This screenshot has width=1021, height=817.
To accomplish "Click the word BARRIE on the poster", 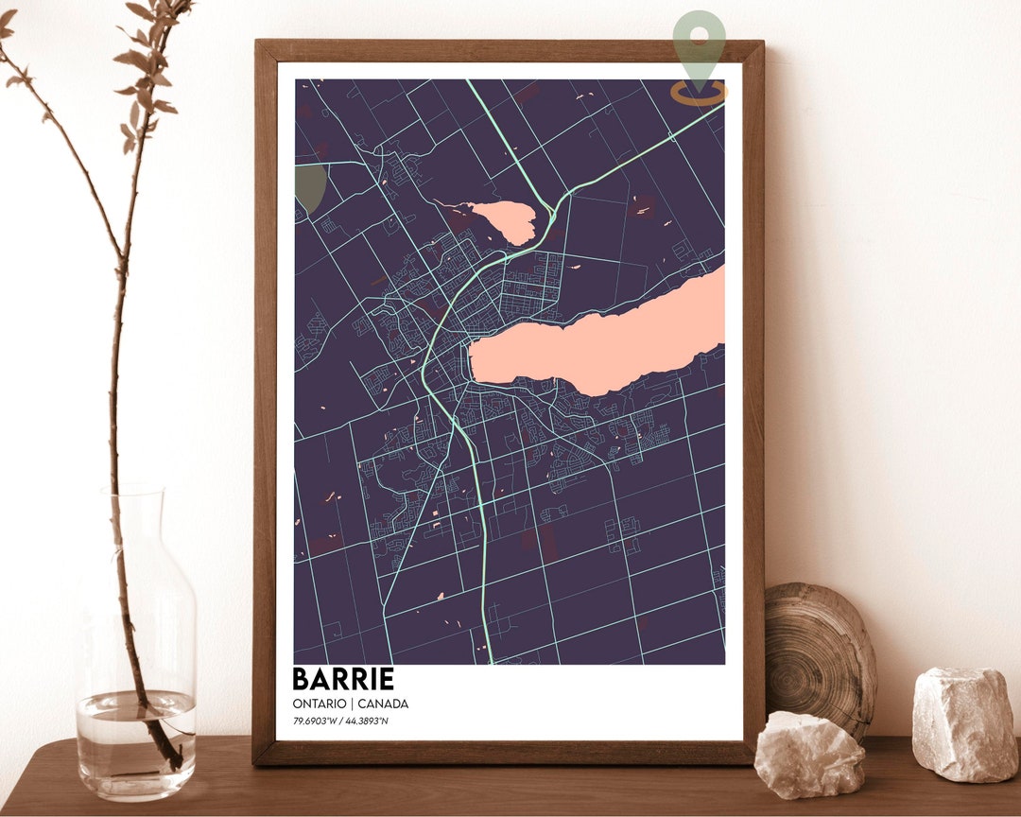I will [342, 679].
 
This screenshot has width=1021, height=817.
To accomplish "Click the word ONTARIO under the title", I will [318, 704].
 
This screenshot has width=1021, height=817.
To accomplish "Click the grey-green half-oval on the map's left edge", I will [309, 187].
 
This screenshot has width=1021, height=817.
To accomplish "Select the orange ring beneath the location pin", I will [700, 93].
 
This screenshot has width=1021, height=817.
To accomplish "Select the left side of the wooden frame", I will [265, 397].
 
